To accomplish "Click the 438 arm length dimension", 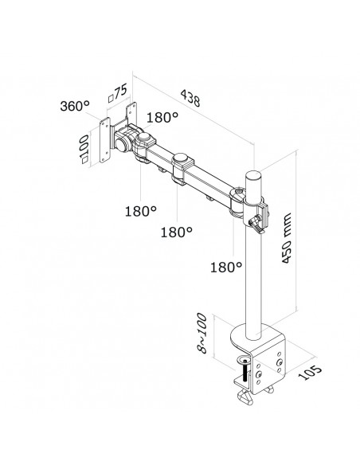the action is [190, 98].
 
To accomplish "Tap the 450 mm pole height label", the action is [287, 238].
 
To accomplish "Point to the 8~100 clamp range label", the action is [202, 333].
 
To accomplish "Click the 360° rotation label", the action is [74, 106].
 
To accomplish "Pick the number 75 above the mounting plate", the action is [121, 91].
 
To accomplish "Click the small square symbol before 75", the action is [111, 98].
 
